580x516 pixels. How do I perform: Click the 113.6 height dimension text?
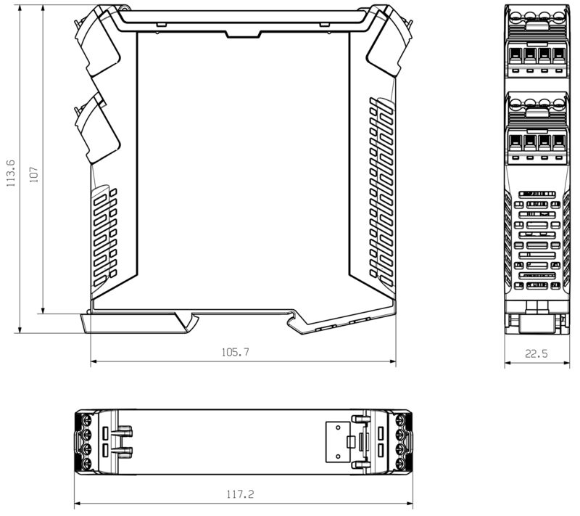10,174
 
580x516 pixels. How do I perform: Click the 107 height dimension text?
33,174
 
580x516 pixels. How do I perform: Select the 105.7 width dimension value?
235,352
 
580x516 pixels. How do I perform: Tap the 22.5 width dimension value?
536,354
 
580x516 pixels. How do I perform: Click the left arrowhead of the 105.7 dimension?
94,361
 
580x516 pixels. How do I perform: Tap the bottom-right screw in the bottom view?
402,464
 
